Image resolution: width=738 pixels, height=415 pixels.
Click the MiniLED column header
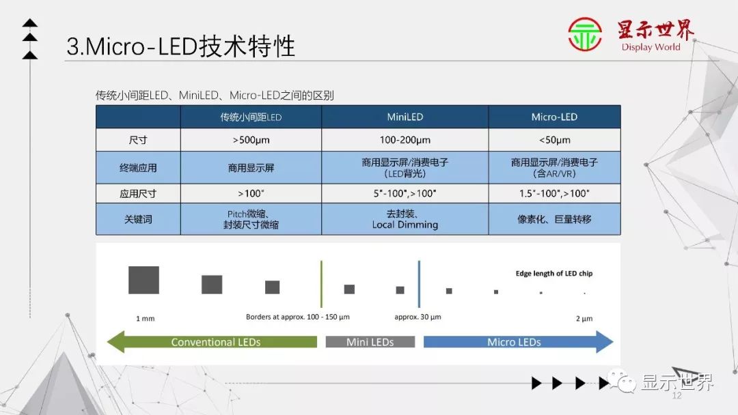(405, 117)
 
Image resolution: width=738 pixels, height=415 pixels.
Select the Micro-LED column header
(554, 117)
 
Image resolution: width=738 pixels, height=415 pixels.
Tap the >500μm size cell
(251, 140)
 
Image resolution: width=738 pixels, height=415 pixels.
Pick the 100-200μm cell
(405, 140)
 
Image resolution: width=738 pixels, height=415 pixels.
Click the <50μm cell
(554, 140)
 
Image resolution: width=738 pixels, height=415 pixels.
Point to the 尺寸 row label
(138, 140)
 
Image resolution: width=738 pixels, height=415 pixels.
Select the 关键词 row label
(138, 220)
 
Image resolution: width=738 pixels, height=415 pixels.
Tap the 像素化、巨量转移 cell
(554, 220)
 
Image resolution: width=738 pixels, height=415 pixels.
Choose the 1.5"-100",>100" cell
(554, 193)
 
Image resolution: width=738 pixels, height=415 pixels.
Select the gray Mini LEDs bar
(370, 342)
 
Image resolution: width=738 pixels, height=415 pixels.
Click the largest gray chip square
(143, 280)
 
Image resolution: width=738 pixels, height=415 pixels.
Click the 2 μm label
(584, 318)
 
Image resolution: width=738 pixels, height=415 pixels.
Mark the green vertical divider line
(321, 283)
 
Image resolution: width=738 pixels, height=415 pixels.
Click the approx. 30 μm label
(418, 317)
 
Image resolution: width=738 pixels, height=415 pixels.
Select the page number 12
(678, 396)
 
